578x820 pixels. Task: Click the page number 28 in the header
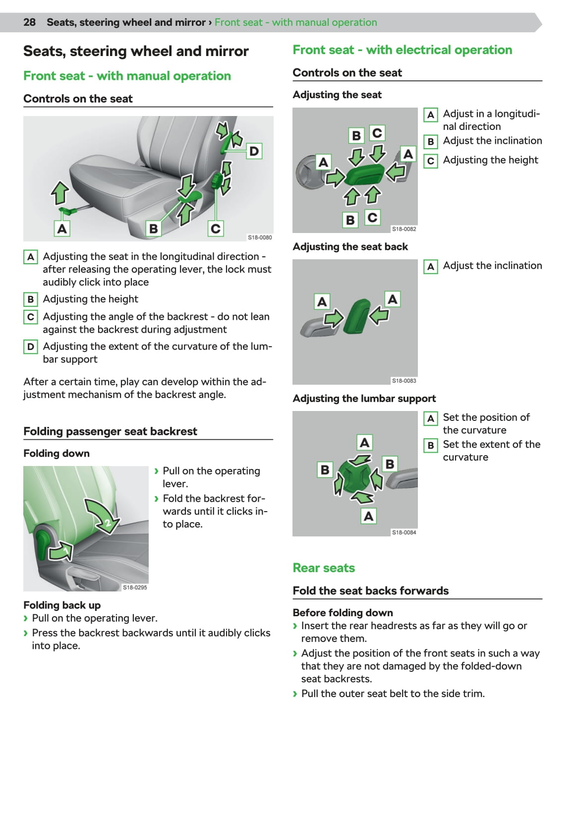[29, 22]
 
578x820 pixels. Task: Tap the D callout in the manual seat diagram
[254, 151]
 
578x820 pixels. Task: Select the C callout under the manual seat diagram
[215, 229]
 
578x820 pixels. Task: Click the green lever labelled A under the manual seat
[67, 212]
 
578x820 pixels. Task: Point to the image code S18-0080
[260, 237]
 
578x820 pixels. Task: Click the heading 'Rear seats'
[324, 568]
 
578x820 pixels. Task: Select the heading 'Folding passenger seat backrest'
[110, 431]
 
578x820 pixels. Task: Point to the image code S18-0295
[135, 587]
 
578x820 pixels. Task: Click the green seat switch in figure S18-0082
[364, 176]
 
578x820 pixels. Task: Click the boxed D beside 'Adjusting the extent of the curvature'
[31, 347]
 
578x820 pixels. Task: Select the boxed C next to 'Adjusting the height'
[430, 161]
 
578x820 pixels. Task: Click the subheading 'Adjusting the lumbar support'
[364, 399]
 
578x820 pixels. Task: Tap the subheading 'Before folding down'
[343, 613]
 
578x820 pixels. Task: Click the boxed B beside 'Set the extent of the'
[430, 445]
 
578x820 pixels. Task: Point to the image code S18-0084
[404, 532]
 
